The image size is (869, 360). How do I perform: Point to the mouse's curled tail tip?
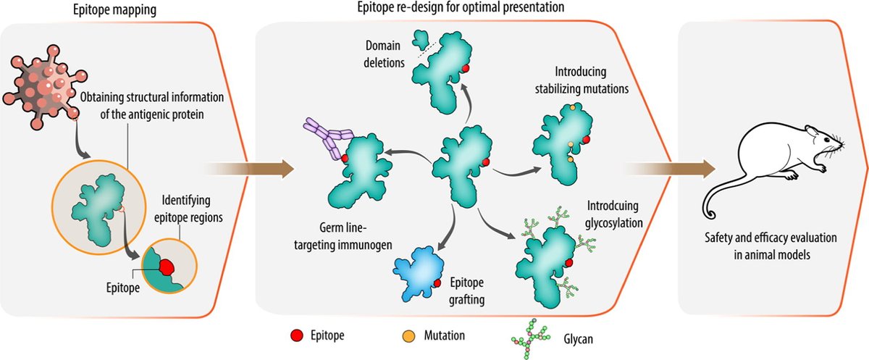click(x=716, y=215)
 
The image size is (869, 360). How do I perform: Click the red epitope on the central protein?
click(x=487, y=162)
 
